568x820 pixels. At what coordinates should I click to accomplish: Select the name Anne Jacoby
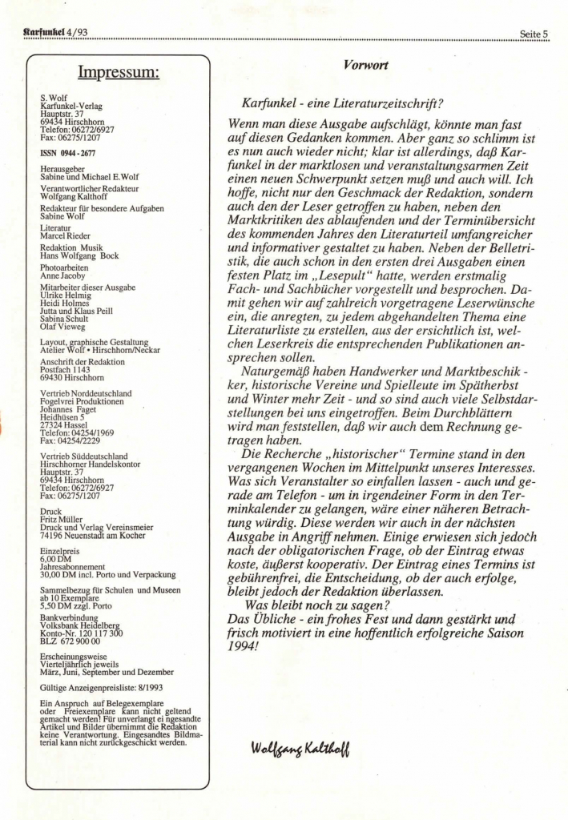(x=63, y=274)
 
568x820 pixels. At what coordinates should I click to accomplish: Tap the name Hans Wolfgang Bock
(x=80, y=255)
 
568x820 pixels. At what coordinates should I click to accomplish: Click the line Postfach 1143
(x=68, y=370)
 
